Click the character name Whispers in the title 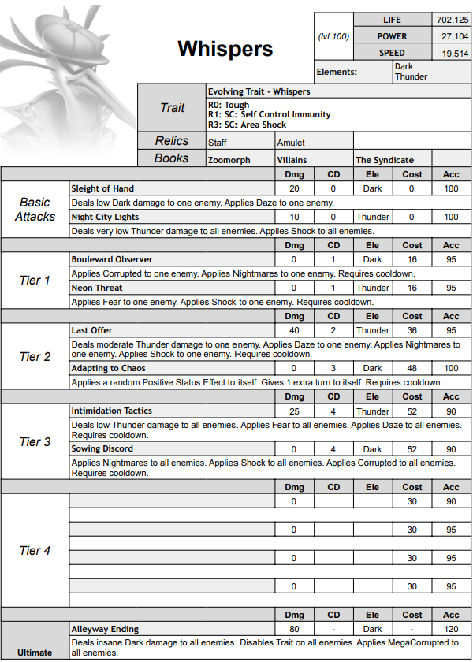coord(225,49)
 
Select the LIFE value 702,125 coord(452,19)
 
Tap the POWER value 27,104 coord(452,36)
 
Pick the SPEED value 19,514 coord(452,53)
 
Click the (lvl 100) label coord(333,36)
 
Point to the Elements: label coord(337,72)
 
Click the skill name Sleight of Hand coord(102,188)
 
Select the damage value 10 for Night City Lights coord(294,217)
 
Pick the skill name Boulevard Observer coord(112,259)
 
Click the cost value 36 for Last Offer coord(412,330)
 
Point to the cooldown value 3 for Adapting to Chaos coord(333,368)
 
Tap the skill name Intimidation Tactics coord(112,411)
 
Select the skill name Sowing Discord coord(102,448)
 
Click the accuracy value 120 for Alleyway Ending coord(451,629)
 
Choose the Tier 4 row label coord(35,551)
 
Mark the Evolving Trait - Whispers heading coord(259,91)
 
